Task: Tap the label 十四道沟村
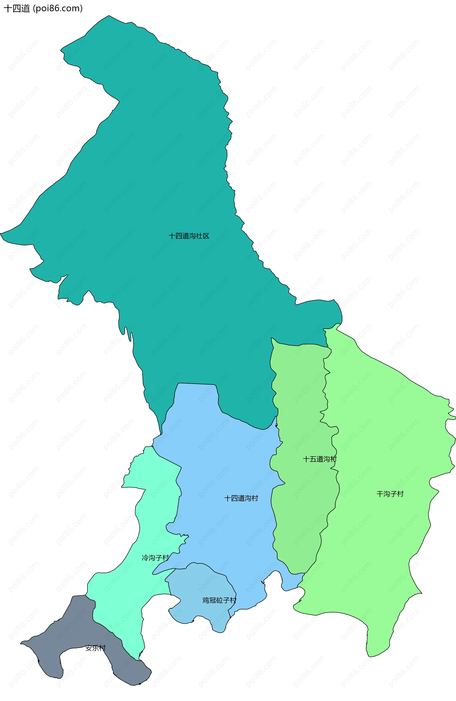241,498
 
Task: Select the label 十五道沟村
319,459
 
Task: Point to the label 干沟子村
390,494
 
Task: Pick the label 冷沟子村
155,558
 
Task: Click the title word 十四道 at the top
17,9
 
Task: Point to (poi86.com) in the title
58,9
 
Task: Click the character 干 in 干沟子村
380,494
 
